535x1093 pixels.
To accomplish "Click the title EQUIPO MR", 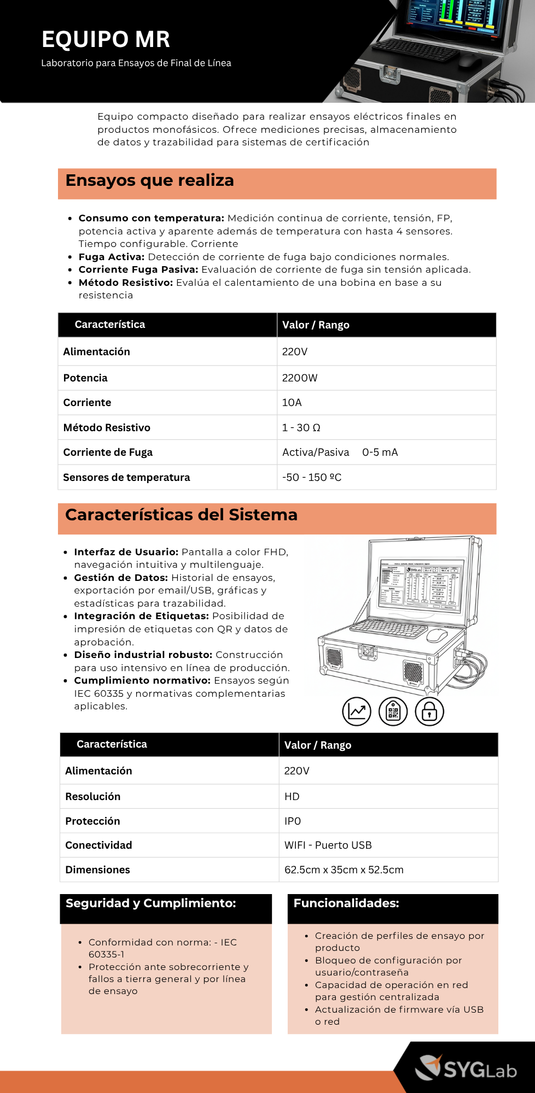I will (106, 39).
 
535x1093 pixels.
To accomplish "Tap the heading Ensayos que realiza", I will (149, 180).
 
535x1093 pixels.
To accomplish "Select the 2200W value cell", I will (299, 378).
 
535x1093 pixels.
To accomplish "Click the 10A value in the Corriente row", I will (292, 403).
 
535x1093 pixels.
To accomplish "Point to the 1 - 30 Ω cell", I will (301, 428).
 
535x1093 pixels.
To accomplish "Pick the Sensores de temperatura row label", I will (126, 478).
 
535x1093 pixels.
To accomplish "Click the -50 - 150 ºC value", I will (311, 478).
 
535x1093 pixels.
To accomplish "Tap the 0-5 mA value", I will (380, 453).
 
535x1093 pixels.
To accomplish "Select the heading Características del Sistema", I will (181, 515).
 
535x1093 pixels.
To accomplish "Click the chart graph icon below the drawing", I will (357, 712).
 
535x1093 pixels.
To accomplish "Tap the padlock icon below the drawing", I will (429, 712).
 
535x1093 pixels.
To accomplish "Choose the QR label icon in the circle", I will (393, 712).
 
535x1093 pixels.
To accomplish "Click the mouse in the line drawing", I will (437, 635).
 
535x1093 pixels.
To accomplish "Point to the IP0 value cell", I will (293, 821).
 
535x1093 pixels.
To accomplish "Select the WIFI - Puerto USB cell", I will (328, 845).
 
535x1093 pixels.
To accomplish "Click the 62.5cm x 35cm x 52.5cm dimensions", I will (344, 870).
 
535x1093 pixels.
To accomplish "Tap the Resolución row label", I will (92, 797).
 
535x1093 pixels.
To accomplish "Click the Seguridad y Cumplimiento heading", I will (150, 903).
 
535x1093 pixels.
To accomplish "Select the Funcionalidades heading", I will (346, 903).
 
